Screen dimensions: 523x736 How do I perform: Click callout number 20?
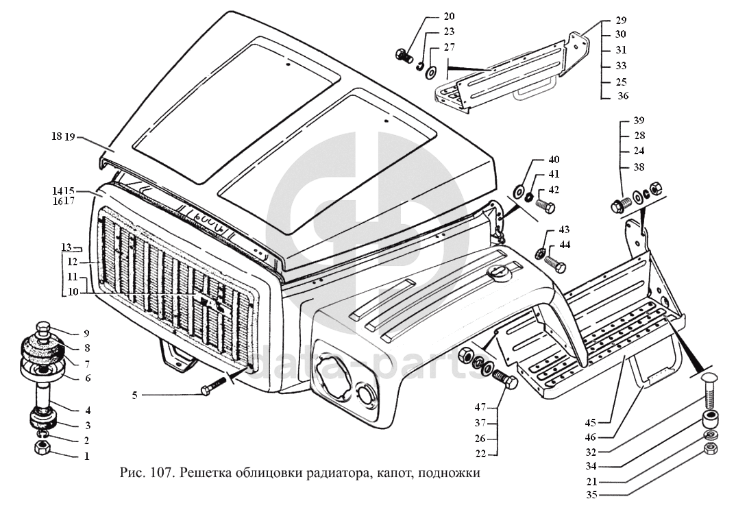(x=449, y=16)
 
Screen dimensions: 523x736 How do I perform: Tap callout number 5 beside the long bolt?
(x=135, y=395)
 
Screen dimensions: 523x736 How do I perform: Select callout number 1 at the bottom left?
(x=87, y=456)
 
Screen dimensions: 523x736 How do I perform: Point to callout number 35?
(x=591, y=494)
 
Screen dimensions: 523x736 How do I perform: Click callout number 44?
(x=565, y=245)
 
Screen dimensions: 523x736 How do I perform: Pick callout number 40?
(x=554, y=160)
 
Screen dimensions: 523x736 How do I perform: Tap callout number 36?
(x=623, y=96)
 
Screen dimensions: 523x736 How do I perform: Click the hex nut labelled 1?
(x=41, y=448)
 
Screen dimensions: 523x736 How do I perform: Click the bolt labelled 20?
(x=403, y=56)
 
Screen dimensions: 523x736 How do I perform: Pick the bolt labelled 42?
(x=545, y=204)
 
